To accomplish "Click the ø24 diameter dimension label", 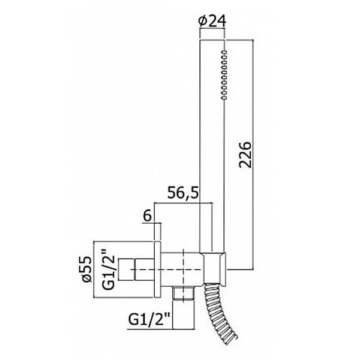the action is click(x=212, y=22).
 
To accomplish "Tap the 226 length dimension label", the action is click(x=245, y=155).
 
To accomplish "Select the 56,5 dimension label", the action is click(x=183, y=193).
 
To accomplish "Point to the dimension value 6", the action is click(x=148, y=216).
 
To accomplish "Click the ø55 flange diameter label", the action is click(x=87, y=269).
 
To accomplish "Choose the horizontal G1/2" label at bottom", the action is click(x=149, y=319).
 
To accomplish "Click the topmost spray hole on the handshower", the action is click(x=224, y=52).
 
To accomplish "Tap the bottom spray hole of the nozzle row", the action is click(x=224, y=98).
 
